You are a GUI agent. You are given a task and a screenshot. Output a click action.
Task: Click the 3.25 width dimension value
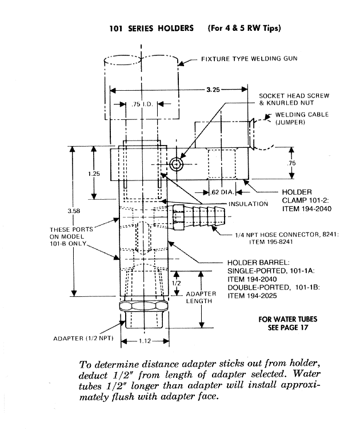pos(213,90)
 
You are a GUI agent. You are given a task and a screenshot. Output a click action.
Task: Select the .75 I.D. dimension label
pos(142,104)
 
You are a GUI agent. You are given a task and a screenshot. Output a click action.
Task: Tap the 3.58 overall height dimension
pos(74,211)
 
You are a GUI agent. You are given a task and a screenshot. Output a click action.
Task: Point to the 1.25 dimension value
pos(94,174)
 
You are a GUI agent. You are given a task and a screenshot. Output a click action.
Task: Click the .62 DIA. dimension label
pos(222,192)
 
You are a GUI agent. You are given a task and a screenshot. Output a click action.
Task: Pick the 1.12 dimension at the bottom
pos(145,341)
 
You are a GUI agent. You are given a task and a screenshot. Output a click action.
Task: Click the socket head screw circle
pos(176,164)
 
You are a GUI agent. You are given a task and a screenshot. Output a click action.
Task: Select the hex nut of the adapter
pos(143,307)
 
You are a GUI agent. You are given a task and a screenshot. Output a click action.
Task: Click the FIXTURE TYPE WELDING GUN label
pos(249,59)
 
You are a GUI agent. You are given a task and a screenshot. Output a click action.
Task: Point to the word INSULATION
pos(248,204)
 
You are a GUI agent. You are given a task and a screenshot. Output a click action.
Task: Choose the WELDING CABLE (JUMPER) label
pos(302,119)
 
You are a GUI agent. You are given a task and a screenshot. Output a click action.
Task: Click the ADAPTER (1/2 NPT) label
pos(83,339)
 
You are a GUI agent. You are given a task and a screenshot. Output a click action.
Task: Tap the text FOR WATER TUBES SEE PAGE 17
pos(288,324)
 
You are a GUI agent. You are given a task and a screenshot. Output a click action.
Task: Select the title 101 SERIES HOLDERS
pos(151,29)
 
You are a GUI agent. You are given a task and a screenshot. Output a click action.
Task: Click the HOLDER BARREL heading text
pos(258,263)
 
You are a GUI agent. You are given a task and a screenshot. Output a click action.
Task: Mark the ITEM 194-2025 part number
pos(252,296)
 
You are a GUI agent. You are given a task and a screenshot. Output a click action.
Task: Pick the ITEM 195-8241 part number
pos(271,242)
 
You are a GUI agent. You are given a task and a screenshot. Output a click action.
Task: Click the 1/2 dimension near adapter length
pos(177,283)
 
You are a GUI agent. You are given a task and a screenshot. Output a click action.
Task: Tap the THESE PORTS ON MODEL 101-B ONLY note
pos(71,237)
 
